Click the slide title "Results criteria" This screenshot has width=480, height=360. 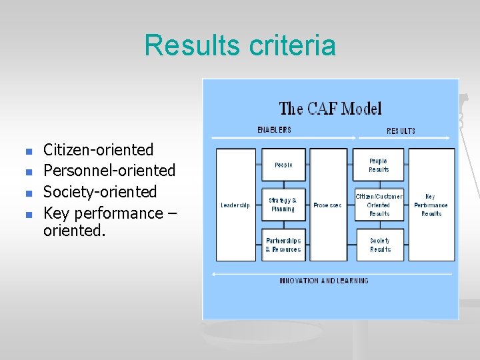point(240,46)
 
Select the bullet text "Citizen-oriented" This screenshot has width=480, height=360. point(98,150)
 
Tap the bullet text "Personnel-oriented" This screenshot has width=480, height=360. point(109,171)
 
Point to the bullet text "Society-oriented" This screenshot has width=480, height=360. point(100,192)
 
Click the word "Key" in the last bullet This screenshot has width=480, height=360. point(57,213)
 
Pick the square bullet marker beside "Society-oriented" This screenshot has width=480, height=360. point(27,193)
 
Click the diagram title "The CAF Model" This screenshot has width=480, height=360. point(330,108)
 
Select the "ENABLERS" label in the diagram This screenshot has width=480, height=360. point(274,130)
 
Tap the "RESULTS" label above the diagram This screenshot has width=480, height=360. point(401,131)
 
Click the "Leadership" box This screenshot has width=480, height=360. point(235,205)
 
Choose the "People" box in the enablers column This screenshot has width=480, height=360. point(283,165)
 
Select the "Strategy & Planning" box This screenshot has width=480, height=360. point(283,205)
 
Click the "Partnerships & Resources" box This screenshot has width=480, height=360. point(283,245)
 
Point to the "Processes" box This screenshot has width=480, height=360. point(328,205)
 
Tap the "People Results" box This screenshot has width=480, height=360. point(378,165)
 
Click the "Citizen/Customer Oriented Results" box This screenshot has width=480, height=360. point(378,205)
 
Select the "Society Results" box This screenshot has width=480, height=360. point(378,245)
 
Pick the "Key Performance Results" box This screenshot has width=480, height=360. point(431,205)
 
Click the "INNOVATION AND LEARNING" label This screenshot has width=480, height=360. point(323,281)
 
